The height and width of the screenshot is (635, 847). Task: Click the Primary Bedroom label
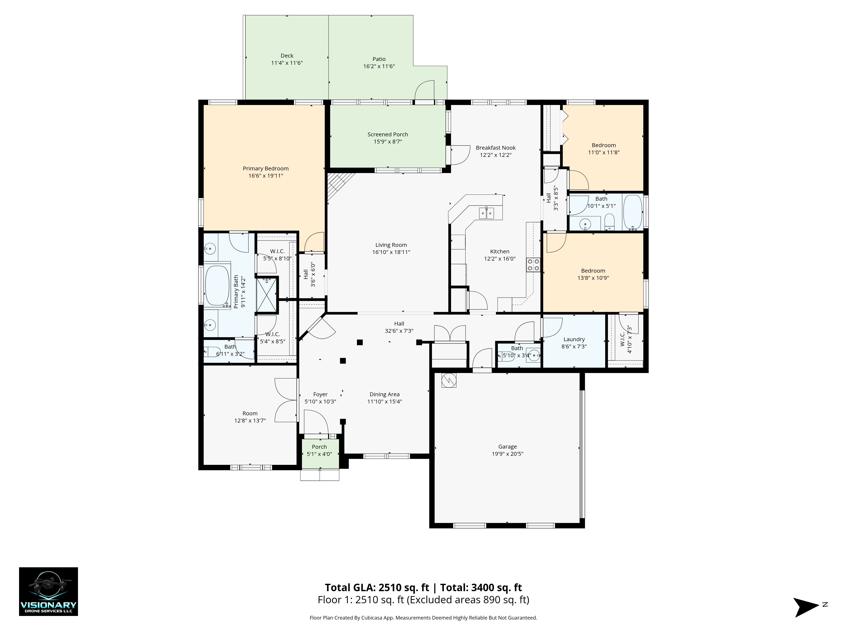click(266, 168)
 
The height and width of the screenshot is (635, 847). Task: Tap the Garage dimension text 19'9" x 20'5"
click(507, 454)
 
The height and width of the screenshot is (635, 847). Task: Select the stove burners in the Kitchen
click(533, 265)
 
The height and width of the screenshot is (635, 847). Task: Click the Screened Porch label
click(388, 134)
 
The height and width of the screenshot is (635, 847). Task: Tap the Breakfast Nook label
click(495, 148)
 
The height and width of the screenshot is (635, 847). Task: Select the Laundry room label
click(574, 339)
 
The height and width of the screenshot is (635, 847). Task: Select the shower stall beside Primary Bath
click(267, 295)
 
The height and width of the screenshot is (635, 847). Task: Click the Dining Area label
click(385, 394)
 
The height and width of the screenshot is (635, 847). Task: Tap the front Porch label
click(319, 447)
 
